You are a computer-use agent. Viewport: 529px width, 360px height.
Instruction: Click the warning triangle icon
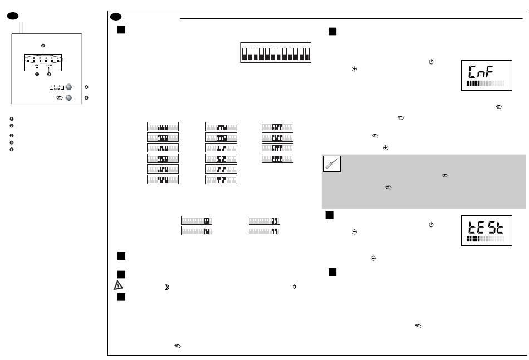tap(117, 284)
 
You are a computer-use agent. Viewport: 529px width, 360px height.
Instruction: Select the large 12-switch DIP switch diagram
tap(275, 54)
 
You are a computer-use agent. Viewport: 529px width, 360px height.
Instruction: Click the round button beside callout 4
tap(69, 87)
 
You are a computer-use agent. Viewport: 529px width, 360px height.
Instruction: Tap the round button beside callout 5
tap(69, 98)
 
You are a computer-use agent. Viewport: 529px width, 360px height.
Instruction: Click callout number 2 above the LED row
tap(43, 45)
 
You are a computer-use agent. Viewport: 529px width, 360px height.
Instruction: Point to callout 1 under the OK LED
tap(37, 73)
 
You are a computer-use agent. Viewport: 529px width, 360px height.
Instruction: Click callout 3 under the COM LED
tap(49, 73)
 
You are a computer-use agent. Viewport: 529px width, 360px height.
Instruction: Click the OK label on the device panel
tap(37, 65)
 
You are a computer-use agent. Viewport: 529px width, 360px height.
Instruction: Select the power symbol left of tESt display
tap(431, 224)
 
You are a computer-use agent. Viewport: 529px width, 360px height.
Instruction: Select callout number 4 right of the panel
tap(87, 87)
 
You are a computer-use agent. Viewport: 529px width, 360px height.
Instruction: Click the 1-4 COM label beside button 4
tap(55, 87)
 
